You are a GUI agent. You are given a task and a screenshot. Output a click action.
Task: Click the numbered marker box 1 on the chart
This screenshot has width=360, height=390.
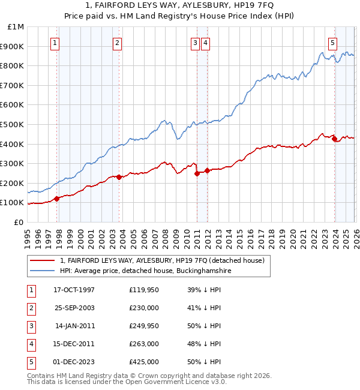click(x=55, y=43)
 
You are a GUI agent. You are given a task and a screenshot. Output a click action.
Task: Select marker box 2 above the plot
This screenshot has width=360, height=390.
click(x=117, y=43)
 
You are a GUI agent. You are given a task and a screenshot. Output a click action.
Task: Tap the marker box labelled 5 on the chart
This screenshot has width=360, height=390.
click(x=332, y=43)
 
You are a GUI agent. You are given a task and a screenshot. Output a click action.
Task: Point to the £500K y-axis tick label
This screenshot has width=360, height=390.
click(x=12, y=124)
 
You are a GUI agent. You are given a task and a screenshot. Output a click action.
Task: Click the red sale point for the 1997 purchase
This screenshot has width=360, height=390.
click(x=57, y=199)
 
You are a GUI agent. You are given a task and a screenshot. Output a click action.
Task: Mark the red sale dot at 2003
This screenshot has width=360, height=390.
click(x=119, y=177)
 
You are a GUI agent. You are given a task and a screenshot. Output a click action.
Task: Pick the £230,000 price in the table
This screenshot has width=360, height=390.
click(x=143, y=308)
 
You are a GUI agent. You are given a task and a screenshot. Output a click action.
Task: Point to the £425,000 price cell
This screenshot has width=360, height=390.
click(x=143, y=362)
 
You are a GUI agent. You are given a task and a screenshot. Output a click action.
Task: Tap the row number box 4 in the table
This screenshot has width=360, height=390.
click(x=29, y=344)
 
